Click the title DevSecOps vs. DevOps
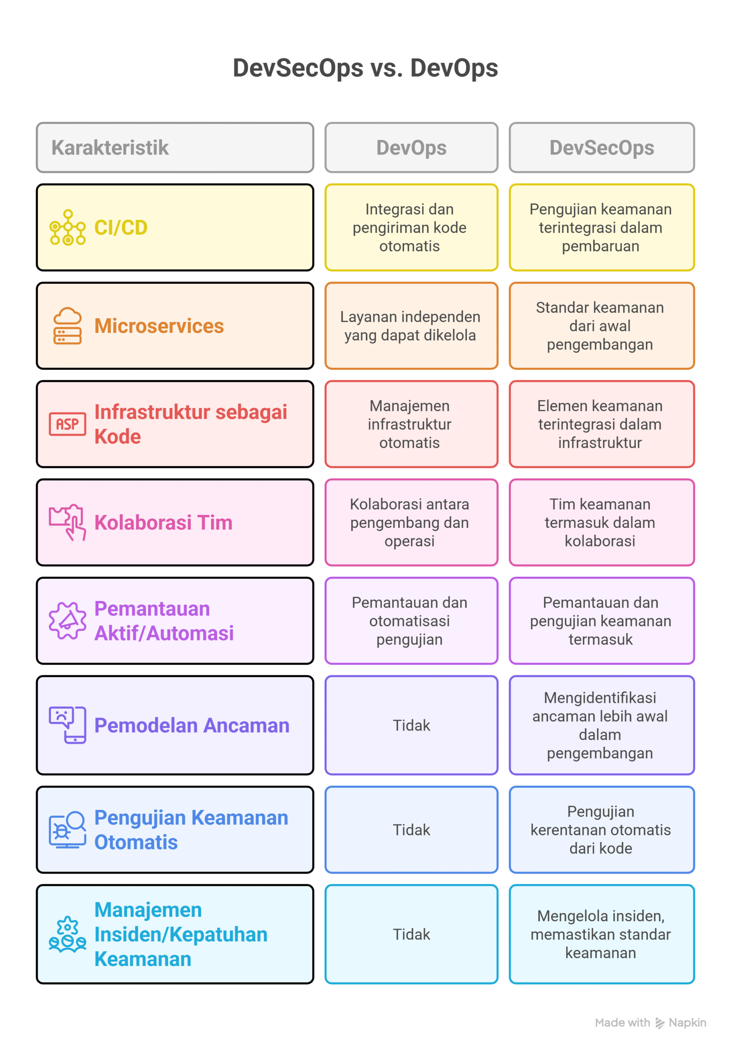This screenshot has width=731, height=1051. coord(365,68)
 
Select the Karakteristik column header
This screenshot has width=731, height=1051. coord(110,147)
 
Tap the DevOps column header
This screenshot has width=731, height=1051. coord(411,147)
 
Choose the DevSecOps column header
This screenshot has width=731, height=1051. coord(601,147)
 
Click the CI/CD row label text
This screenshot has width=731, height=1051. coord(121,227)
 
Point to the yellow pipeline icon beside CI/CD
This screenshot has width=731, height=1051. coord(68,227)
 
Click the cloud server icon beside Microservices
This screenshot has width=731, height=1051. coord(68,326)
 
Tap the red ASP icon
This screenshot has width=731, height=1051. coord(68,424)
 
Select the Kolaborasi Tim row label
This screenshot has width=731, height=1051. coord(163,522)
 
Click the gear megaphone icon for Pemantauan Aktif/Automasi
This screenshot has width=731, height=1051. coord(68,620)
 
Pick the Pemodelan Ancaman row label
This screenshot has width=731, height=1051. coord(192,725)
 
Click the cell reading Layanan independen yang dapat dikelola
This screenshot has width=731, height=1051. coord(410,326)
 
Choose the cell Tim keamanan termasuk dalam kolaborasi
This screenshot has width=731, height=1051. coord(600,522)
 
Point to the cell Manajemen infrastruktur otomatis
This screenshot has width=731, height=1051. coord(409,424)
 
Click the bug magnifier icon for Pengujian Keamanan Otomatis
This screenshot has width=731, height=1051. coord(68,829)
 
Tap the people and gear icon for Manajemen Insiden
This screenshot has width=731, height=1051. coord(68,934)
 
